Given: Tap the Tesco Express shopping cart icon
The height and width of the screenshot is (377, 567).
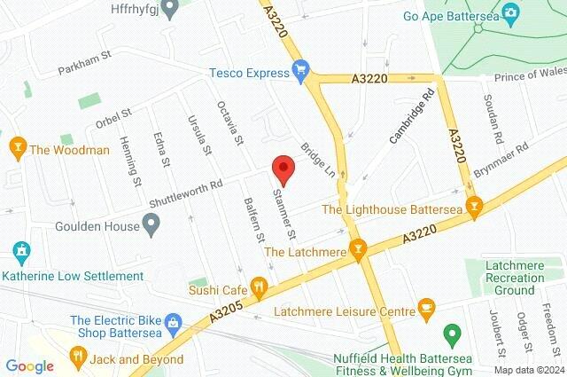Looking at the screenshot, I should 300,67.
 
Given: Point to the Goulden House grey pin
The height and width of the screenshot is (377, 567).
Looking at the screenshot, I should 151,226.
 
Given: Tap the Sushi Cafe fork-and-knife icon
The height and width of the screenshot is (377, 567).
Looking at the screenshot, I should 260,287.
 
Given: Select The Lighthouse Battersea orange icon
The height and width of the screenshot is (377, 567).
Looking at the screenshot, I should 474,208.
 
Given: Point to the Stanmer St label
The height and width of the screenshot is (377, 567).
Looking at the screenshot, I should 284,213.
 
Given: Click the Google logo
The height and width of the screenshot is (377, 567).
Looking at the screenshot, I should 29,365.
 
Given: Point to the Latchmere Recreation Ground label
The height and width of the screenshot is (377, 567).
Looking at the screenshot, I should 515,277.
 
